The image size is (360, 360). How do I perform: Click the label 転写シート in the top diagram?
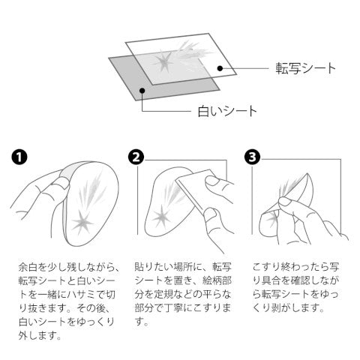coord(305,68)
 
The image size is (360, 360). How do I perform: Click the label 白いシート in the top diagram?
coord(227,111)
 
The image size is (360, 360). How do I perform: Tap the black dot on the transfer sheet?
coord(220,68)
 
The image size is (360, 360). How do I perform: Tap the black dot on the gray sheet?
coord(142,90)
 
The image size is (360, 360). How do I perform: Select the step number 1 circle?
coord(19,157)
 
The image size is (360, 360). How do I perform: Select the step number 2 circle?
coord(136,157)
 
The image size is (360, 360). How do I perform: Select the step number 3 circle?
coord(253,157)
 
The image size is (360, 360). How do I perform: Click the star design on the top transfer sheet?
coord(163,61)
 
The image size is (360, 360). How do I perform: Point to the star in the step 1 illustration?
coord(82,221)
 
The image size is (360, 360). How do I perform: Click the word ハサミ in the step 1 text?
coord(82,295)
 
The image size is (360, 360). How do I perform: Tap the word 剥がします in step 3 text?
coord(295,308)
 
